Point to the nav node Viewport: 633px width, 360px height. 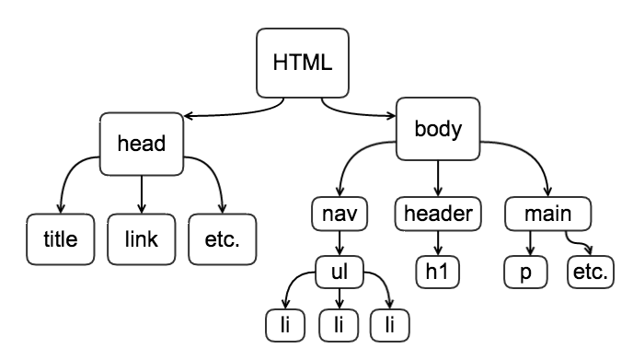[340, 215]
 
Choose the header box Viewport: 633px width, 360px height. [438, 215]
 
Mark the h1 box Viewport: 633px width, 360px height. [438, 272]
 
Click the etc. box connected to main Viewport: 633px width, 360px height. [589, 272]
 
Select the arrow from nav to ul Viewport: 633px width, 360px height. [340, 243]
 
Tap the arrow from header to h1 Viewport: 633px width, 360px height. [438, 243]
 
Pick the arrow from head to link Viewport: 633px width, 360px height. [141, 193]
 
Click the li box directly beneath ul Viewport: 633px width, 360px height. [340, 323]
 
